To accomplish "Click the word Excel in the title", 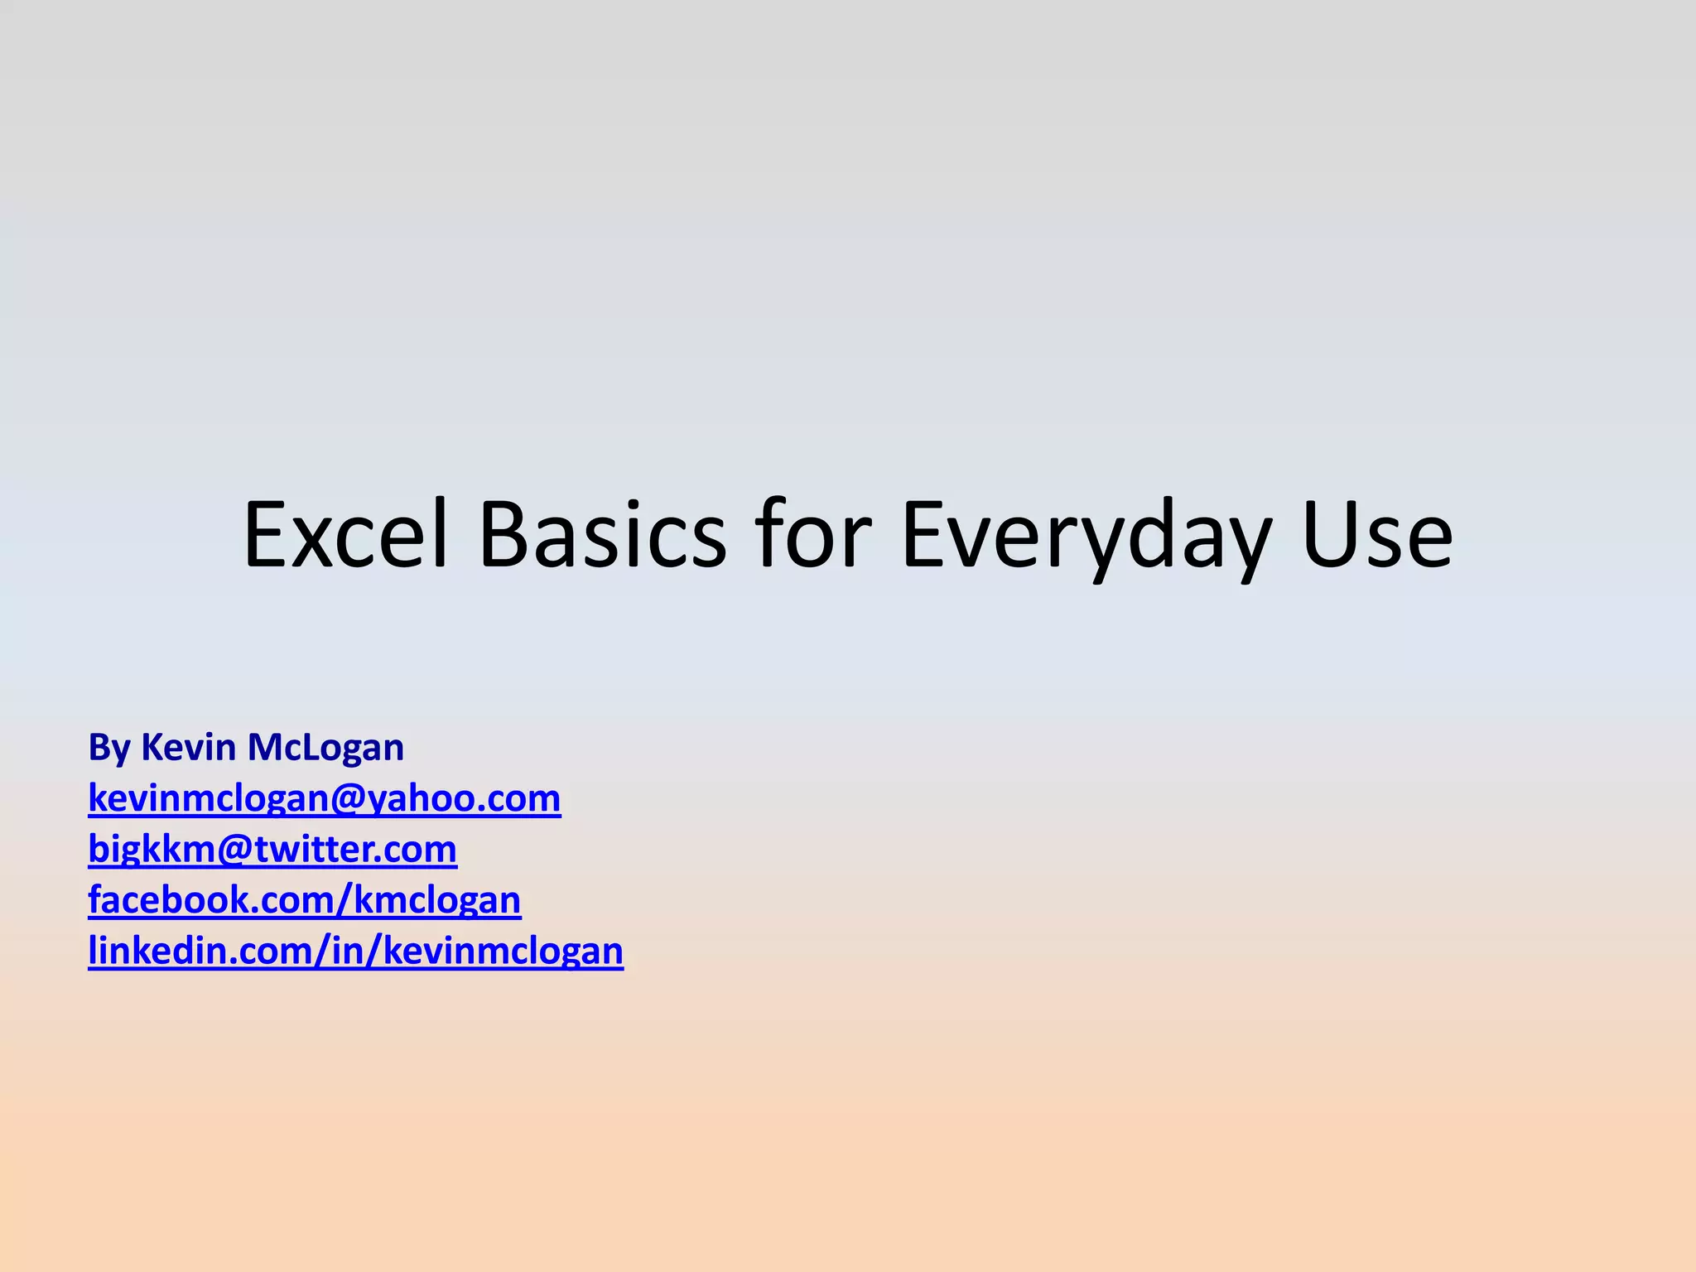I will (345, 536).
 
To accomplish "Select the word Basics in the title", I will (602, 536).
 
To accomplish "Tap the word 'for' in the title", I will (813, 536).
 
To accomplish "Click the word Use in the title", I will (1377, 536).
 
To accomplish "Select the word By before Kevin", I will (109, 748).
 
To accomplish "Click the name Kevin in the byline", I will (188, 747).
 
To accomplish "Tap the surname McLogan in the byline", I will (325, 748).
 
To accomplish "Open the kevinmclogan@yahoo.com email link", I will (324, 798).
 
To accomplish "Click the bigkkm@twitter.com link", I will (272, 850).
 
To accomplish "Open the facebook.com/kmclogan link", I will (304, 900).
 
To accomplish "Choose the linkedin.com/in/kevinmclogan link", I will (355, 951).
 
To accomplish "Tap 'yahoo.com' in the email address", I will (464, 799).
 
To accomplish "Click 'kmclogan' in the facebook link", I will (437, 900).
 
